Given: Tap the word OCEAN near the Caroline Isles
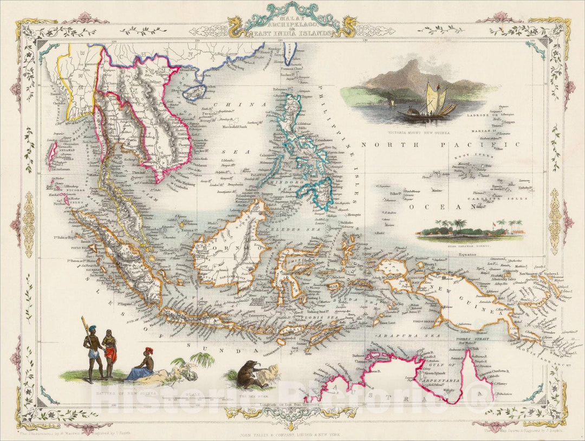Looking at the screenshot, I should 438,207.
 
